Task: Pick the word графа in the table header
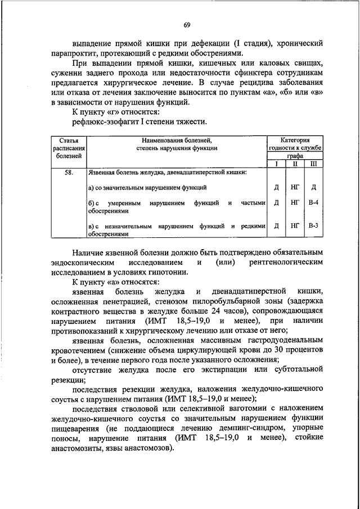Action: [x=294, y=156]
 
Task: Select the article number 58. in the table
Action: [x=67, y=172]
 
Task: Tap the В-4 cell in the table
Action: [x=314, y=202]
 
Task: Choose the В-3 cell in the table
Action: [x=314, y=226]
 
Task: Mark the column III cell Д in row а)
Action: [x=314, y=186]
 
